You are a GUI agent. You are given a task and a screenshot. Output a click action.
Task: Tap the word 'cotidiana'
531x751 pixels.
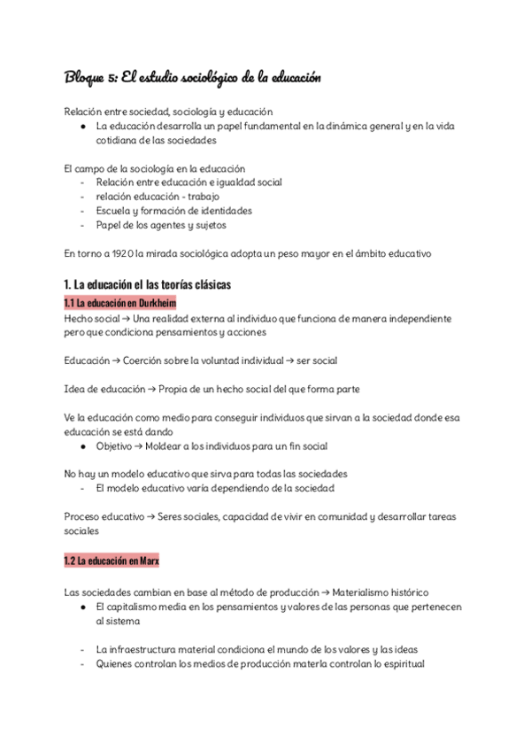tap(120, 141)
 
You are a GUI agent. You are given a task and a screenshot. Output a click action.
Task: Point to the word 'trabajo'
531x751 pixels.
tap(202, 196)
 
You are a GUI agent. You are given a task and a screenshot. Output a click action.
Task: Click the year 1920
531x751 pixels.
tap(123, 254)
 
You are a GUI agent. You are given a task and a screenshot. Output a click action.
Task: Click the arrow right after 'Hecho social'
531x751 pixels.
tap(123, 318)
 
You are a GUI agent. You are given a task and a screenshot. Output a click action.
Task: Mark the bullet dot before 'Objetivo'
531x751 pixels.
tap(82, 445)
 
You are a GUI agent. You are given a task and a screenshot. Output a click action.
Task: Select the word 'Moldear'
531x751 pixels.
tap(170, 445)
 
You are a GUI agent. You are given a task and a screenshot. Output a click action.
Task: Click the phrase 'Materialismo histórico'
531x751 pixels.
tap(383, 592)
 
